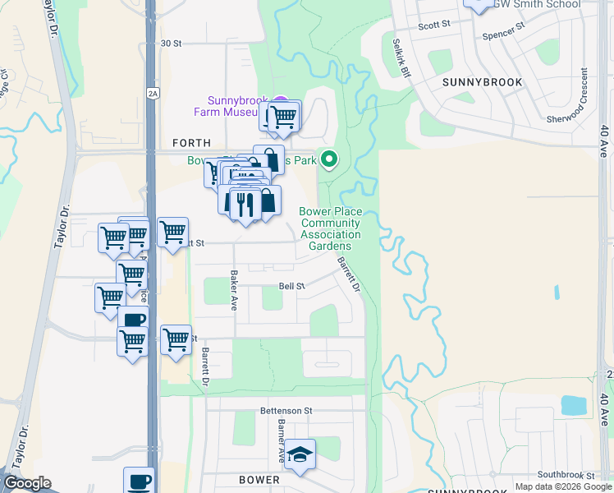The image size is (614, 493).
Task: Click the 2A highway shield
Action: (x=152, y=92)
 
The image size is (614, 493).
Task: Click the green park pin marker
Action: (x=328, y=159)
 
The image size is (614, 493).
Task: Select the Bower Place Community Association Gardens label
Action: (x=330, y=228)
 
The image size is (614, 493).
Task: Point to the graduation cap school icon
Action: (x=301, y=457)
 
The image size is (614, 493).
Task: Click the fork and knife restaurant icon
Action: (x=245, y=203)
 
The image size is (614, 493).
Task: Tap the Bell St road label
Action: (x=291, y=286)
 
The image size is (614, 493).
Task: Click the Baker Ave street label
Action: (x=234, y=290)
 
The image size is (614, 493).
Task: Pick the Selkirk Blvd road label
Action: (x=400, y=57)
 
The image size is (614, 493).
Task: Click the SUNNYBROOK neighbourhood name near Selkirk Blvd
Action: (x=477, y=82)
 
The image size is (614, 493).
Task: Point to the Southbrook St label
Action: (x=566, y=475)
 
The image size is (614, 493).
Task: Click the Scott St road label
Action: (x=434, y=25)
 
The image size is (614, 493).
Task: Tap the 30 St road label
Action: (x=170, y=43)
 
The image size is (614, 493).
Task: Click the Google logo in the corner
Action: (x=27, y=483)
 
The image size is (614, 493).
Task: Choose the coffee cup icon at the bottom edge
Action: (x=138, y=480)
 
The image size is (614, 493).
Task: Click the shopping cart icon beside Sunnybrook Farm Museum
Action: (x=284, y=117)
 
